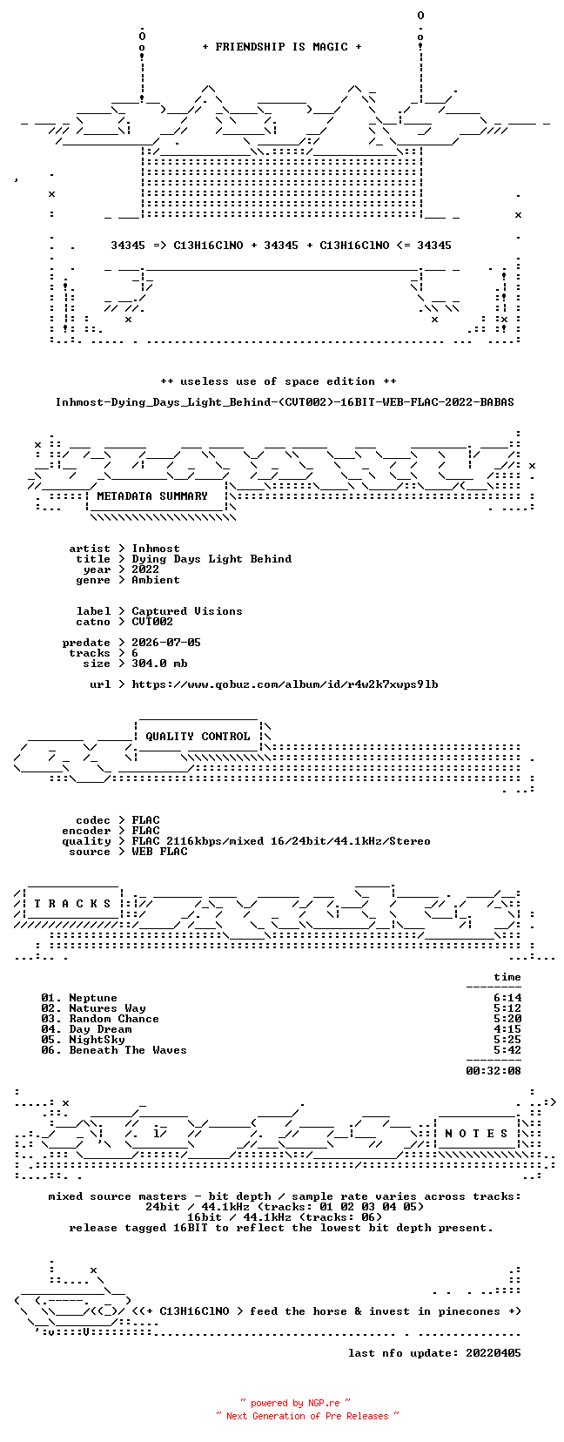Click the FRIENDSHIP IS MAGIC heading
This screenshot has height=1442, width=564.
pos(282,47)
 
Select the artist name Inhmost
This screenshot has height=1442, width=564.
pos(156,549)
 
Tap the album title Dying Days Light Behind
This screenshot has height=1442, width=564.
pos(211,559)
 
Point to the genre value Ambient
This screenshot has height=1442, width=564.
pos(156,580)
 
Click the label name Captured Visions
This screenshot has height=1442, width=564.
pos(187,611)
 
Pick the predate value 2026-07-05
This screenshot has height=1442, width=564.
pos(166,643)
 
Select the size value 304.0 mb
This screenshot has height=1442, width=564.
pos(159,663)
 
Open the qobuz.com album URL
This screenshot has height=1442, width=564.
pos(285,684)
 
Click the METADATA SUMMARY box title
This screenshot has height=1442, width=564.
pos(152,496)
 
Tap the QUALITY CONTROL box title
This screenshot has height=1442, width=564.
pos(198,737)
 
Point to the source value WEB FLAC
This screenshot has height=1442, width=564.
pos(159,852)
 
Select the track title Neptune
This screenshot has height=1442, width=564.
pos(93,998)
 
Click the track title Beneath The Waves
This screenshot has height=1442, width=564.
pos(128,1050)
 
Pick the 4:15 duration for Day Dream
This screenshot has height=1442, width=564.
pos(507,1029)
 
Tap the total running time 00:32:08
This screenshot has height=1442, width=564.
pos(493,1071)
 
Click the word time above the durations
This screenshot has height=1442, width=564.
pos(507,977)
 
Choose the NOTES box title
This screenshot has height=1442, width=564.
pos(477,1134)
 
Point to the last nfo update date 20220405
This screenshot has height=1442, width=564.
pos(493,1353)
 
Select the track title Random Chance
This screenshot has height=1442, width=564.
pos(114,1019)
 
